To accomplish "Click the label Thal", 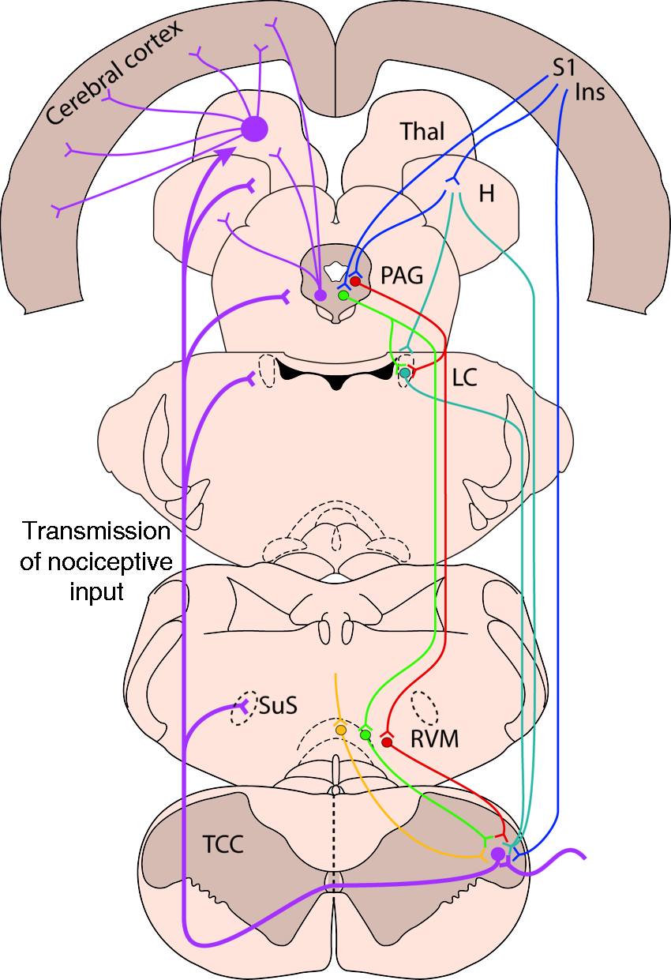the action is tap(422, 131).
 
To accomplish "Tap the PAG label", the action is tap(402, 275).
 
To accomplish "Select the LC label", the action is tap(464, 377).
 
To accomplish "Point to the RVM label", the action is tap(435, 739).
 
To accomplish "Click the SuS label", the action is tap(278, 705).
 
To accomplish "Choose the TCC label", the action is tap(223, 844).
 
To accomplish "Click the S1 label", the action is tap(564, 68).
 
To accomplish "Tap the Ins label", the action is tap(590, 92).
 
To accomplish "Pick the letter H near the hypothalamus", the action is tap(487, 193).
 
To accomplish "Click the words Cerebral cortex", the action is tap(114, 73).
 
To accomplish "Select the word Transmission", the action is tap(96, 531).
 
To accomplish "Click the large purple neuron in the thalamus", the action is tap(254, 129).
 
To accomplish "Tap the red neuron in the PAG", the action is tap(355, 281).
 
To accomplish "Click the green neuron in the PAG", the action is tap(343, 296).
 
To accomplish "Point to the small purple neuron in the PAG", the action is tap(321, 295).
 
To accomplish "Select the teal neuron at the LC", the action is tap(405, 374).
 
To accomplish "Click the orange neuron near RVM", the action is tap(341, 730).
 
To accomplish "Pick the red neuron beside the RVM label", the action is tap(387, 742).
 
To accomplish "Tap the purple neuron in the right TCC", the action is tap(498, 854).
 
